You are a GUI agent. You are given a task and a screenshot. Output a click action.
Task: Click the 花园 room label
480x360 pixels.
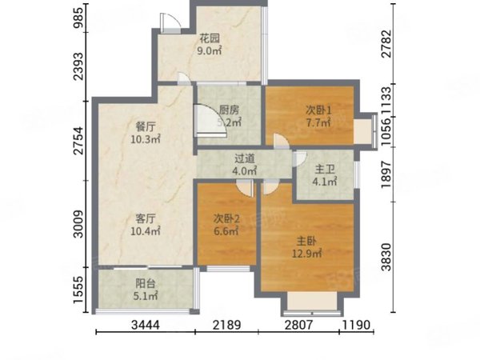pyautogui.click(x=210, y=38)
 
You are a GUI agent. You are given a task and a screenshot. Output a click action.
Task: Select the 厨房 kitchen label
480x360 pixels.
pyautogui.click(x=230, y=111)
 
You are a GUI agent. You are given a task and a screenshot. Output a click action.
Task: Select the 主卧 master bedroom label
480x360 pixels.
pyautogui.click(x=305, y=239)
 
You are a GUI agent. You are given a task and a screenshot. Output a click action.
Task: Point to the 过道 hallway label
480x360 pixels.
pyautogui.click(x=245, y=158)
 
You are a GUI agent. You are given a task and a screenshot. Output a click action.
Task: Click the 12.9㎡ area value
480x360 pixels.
pyautogui.click(x=305, y=254)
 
